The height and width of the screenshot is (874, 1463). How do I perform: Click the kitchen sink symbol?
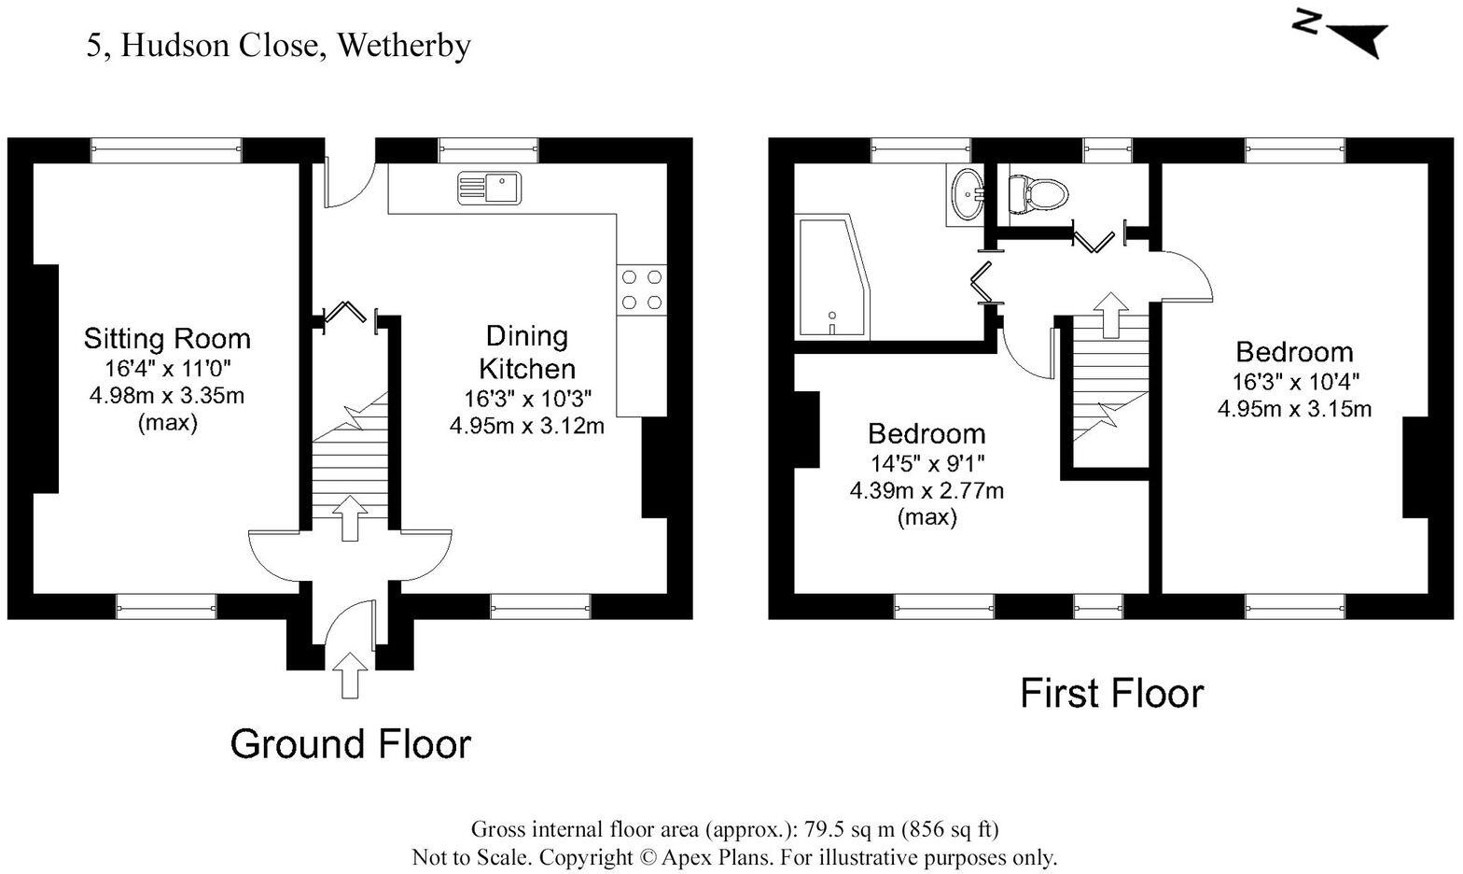[489, 188]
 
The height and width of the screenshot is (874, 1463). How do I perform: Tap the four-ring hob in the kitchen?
[641, 289]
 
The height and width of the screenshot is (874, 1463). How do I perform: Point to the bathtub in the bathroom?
[832, 278]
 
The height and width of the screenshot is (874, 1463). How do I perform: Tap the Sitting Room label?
[167, 338]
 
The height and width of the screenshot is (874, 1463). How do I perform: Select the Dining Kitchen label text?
[527, 351]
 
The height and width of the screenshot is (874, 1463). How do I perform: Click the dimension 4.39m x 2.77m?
[926, 490]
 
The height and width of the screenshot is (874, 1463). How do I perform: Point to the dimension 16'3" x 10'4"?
[1295, 382]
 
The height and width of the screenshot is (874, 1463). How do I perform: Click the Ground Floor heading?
[350, 744]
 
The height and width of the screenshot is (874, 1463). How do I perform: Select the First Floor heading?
[1111, 694]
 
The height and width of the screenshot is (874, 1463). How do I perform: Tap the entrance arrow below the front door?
[350, 674]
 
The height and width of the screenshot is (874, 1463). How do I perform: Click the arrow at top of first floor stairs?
[1109, 313]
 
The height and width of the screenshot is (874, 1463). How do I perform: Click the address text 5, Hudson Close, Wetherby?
[278, 46]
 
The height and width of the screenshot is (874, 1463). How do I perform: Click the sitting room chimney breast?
[46, 378]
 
